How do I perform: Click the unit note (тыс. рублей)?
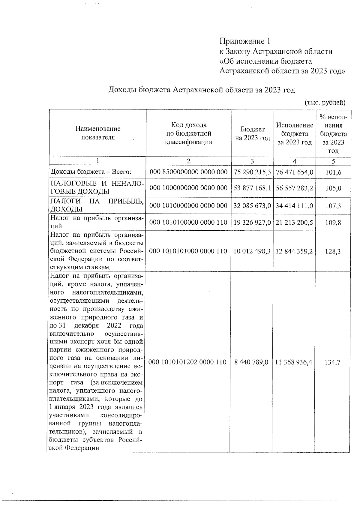(x=325, y=103)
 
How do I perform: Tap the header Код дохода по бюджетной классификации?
(x=189, y=133)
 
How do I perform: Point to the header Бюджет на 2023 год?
(x=252, y=133)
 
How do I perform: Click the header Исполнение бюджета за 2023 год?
(x=295, y=133)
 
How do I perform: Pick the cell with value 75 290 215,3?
(x=252, y=172)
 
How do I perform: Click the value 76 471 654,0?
(x=295, y=172)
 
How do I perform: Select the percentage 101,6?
(x=333, y=172)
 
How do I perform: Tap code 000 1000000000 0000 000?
(x=189, y=188)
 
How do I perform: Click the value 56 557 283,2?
(x=295, y=188)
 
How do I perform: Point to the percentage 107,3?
(x=333, y=206)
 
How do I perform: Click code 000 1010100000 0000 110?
(x=189, y=223)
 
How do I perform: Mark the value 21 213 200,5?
(x=295, y=223)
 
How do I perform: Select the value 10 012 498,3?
(x=252, y=251)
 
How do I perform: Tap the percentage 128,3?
(x=333, y=251)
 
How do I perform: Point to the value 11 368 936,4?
(x=293, y=362)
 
